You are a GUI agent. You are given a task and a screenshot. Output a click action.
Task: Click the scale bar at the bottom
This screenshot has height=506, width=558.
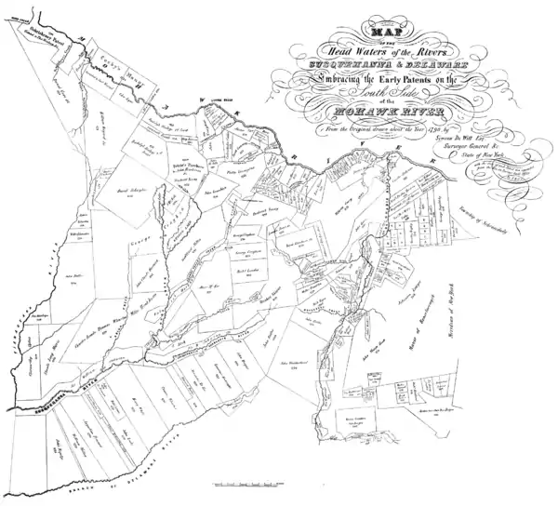[247, 485]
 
